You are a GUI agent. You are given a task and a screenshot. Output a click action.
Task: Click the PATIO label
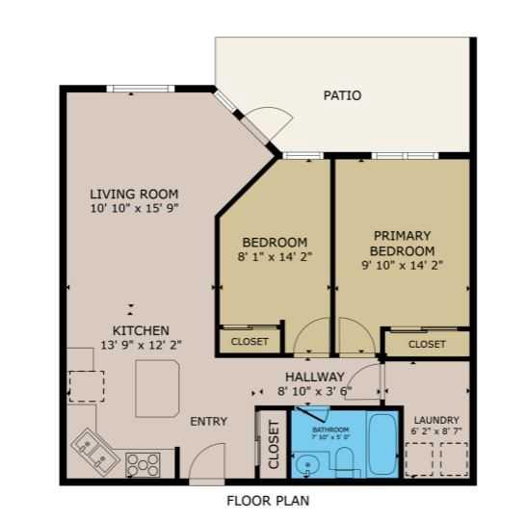pos(342,95)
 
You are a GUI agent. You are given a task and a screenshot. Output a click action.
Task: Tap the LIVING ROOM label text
pos(134,193)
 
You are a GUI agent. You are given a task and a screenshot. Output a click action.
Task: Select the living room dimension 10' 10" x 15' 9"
pos(134,208)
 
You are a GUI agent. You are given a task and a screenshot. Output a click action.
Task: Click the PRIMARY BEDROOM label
pos(403,243)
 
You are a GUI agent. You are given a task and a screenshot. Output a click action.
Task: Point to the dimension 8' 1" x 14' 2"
pos(275,257)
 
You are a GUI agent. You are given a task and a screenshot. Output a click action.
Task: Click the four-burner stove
pos(143,464)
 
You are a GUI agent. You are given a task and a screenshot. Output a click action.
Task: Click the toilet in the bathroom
pos(343,460)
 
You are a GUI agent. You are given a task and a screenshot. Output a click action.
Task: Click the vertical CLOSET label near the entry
pos(274,445)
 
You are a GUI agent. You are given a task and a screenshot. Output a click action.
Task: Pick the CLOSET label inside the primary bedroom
pos(427,344)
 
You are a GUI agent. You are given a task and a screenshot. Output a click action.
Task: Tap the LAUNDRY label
pos(435,420)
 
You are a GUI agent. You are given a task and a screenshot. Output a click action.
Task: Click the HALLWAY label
pos(314,377)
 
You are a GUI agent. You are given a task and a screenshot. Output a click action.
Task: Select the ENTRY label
pos(208,422)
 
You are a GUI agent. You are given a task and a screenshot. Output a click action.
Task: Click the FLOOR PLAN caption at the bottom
pos(268,501)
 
